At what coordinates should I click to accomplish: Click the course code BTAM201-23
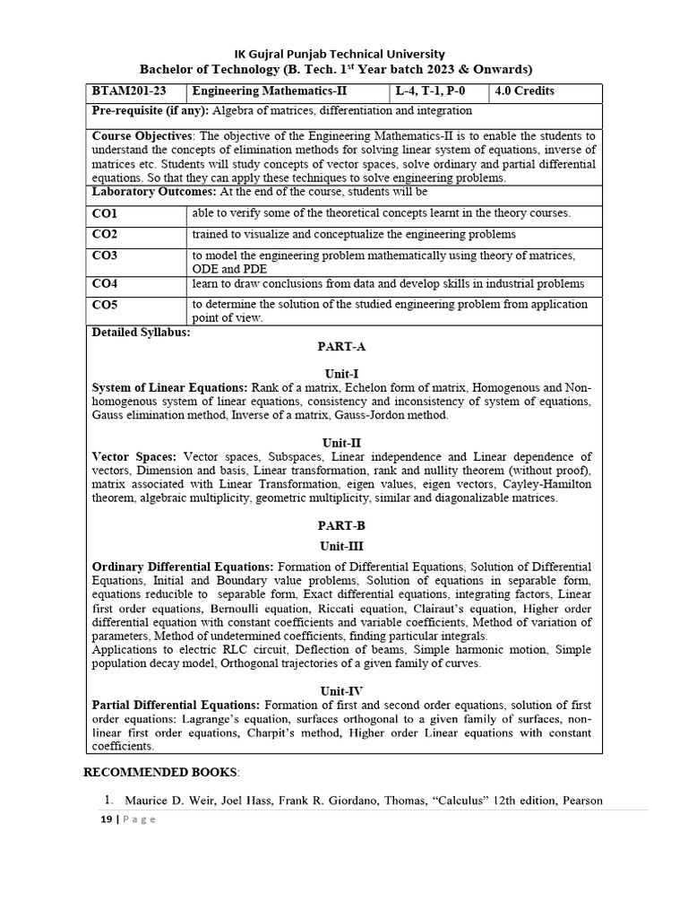coord(127,91)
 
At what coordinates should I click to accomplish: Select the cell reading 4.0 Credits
coord(524,91)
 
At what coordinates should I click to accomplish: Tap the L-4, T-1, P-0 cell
coord(431,91)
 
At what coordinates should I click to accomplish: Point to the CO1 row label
coord(105,213)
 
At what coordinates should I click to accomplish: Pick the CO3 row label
coord(105,255)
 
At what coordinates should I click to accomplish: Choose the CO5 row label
coord(105,305)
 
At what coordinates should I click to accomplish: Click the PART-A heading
coord(341,346)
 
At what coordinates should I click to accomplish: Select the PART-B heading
coord(341,526)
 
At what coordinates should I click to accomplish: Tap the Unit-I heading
coord(341,373)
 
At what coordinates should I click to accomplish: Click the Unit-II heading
coord(341,443)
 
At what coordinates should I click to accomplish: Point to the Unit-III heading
coord(341,545)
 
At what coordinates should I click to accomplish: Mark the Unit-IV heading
coord(341,691)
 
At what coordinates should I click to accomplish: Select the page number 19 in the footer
coord(104,819)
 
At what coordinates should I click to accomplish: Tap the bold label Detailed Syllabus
coord(142,333)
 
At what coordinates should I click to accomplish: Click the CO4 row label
coord(105,284)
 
